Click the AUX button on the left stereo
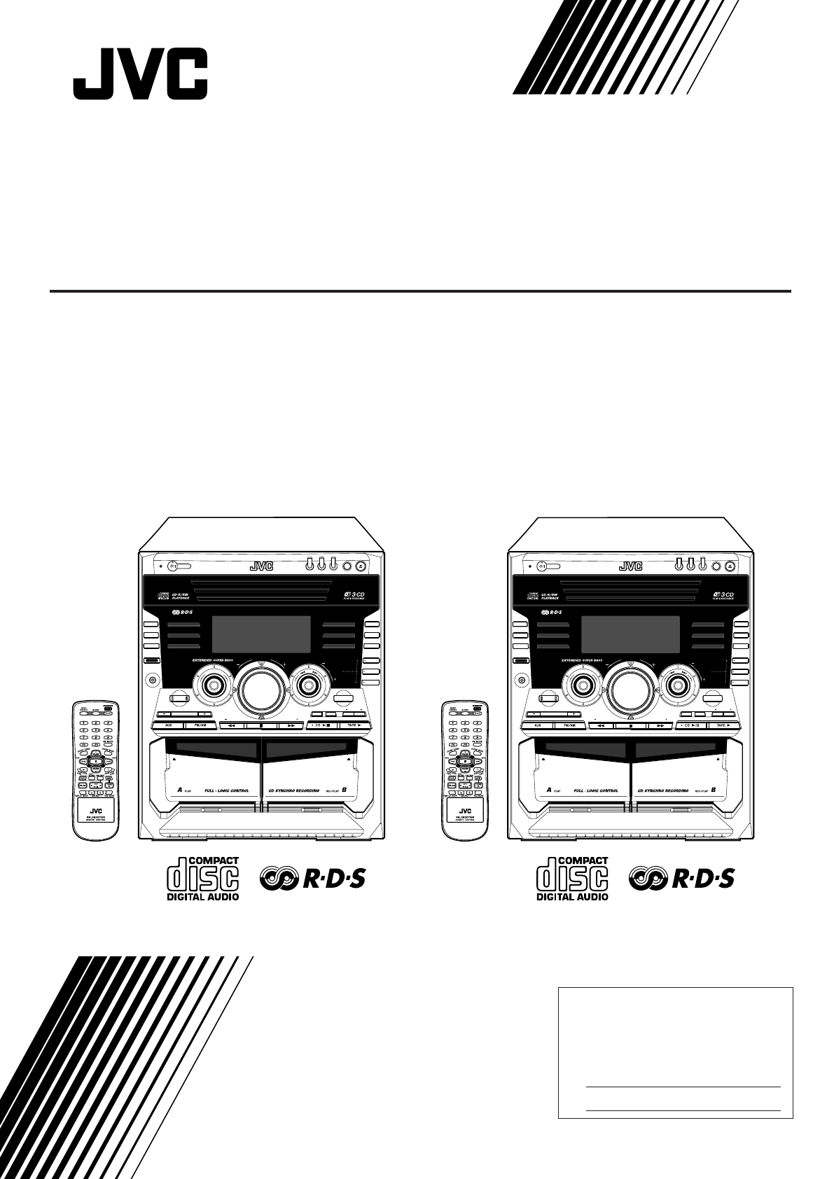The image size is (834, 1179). click(x=169, y=725)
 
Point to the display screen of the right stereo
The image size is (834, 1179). click(x=632, y=635)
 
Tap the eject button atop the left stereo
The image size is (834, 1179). click(x=360, y=565)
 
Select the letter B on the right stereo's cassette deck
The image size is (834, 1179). click(x=713, y=790)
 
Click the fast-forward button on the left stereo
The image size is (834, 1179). click(x=289, y=726)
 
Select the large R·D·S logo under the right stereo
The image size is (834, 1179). click(x=681, y=879)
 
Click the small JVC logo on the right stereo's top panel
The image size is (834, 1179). click(x=630, y=566)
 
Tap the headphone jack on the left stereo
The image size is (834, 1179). click(x=152, y=678)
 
